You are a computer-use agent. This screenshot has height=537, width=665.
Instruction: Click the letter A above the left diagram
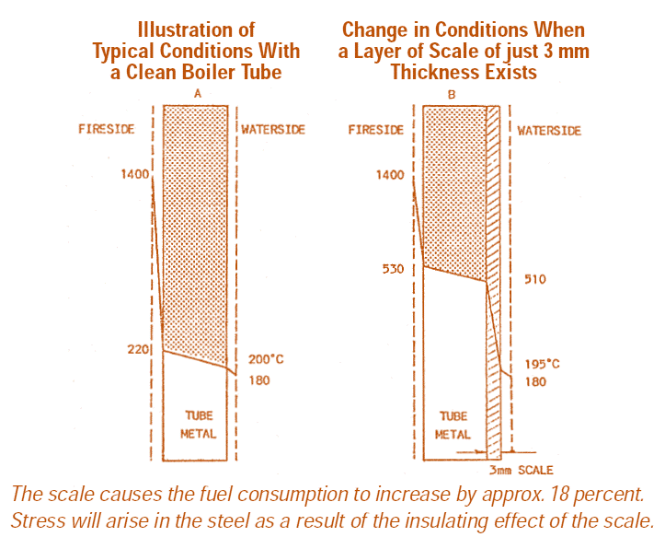pos(198,94)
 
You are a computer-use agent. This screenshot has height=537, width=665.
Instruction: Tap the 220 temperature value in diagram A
pos(139,350)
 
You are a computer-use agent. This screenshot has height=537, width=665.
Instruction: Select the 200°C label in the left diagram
pos(264,359)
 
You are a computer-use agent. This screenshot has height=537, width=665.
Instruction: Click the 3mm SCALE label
pos(523,470)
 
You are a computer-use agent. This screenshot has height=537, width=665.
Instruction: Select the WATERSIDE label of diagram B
pos(549,130)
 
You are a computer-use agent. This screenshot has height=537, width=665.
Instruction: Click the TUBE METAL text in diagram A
pos(199,425)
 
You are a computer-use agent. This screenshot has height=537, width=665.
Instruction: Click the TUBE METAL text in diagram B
pos(454,425)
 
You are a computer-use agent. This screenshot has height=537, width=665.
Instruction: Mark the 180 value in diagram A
pos(259,380)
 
